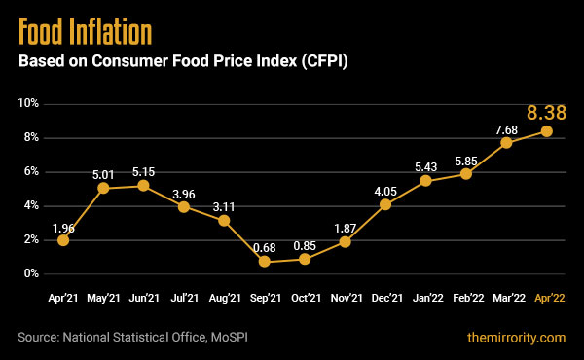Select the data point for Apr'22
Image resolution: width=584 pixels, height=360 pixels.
pyautogui.click(x=547, y=130)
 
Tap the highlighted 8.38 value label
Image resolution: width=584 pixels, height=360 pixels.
pyautogui.click(x=546, y=112)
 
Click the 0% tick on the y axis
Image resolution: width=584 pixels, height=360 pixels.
pyautogui.click(x=30, y=273)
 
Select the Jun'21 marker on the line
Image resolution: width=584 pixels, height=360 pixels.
pyautogui.click(x=143, y=185)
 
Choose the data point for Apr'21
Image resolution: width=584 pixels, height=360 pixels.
pyautogui.click(x=63, y=239)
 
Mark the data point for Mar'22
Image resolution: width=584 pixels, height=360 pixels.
pyautogui.click(x=506, y=142)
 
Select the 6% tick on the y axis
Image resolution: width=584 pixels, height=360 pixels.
pyautogui.click(x=30, y=171)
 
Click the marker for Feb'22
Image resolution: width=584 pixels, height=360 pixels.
pyautogui.click(x=466, y=173)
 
